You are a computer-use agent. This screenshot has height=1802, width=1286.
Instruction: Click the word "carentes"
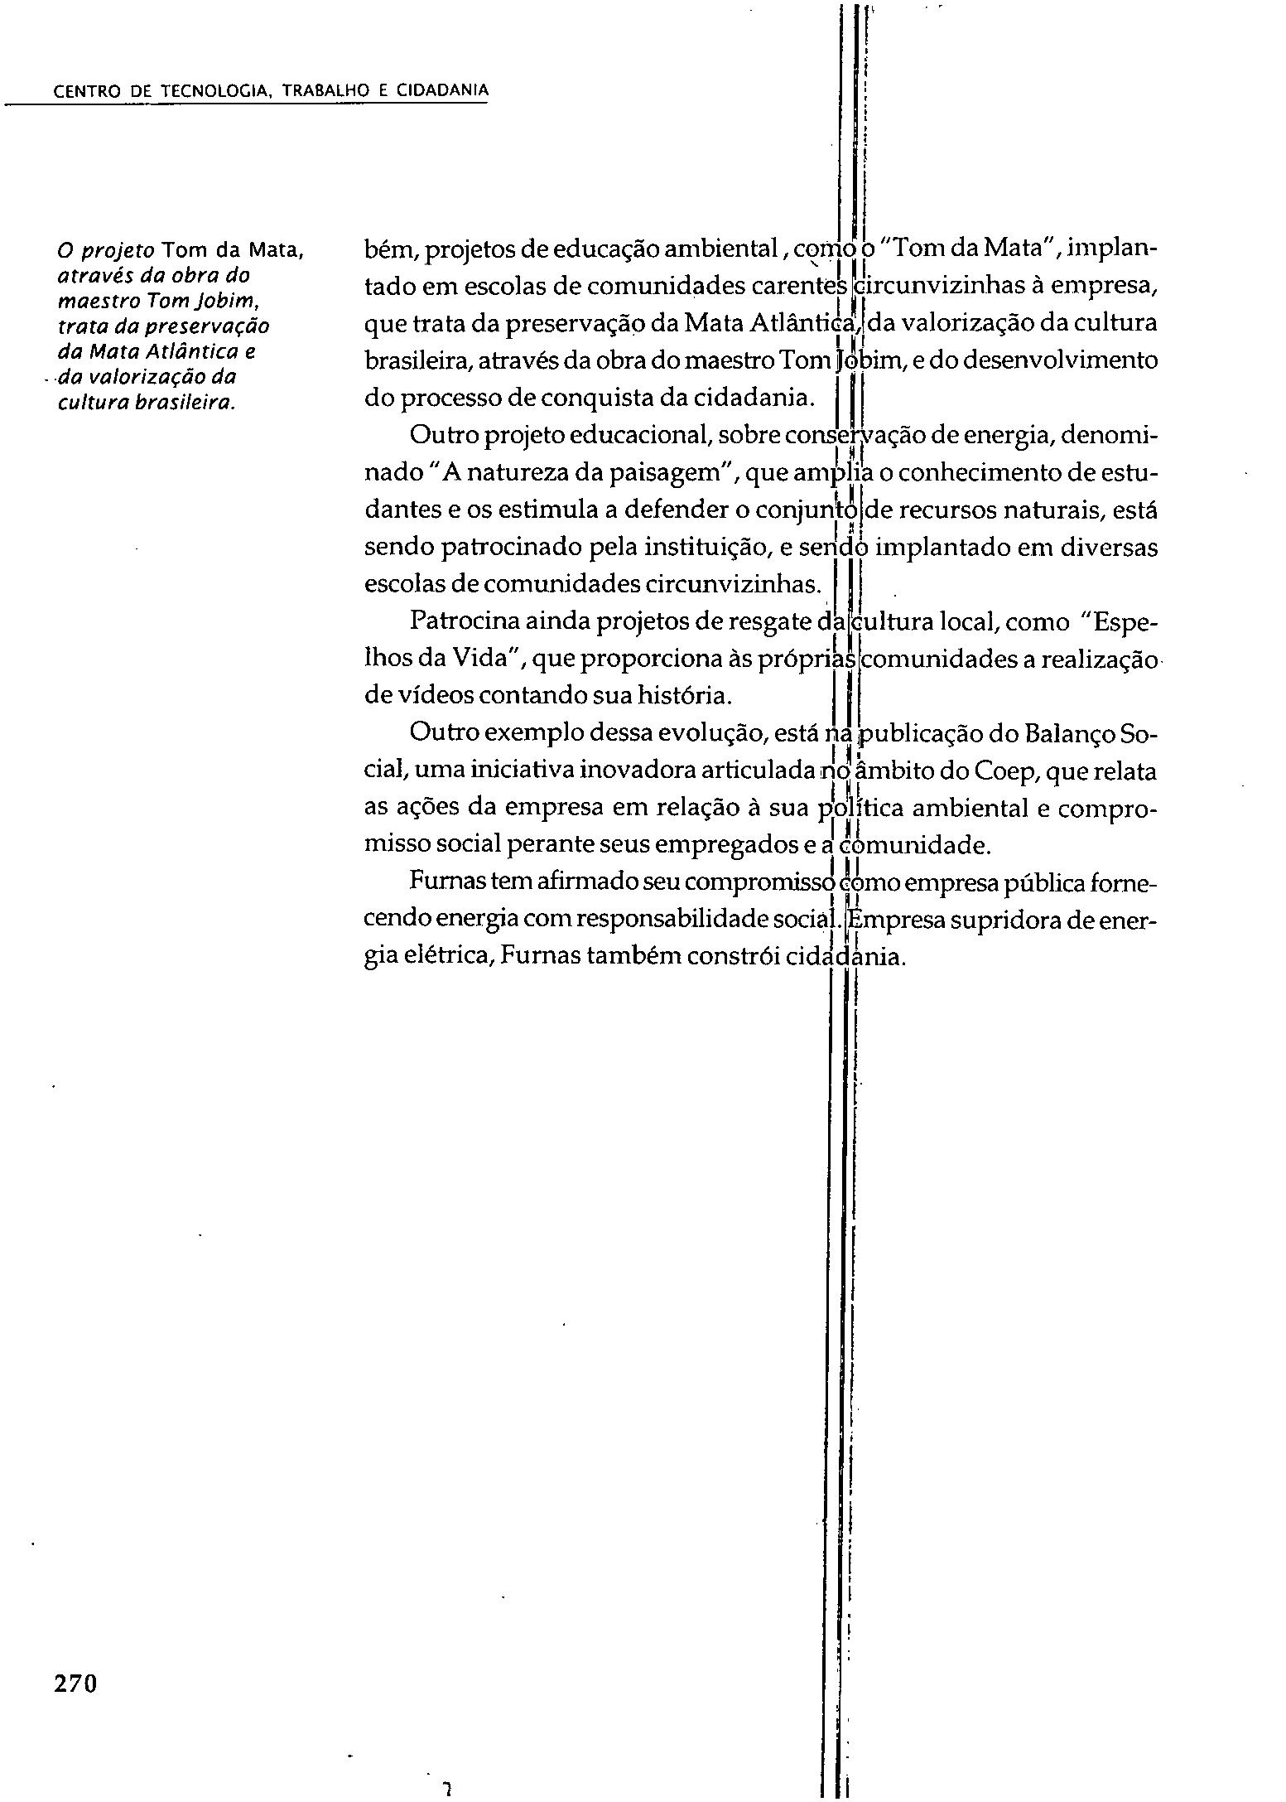point(800,287)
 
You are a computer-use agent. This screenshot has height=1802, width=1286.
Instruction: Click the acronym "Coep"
point(1005,771)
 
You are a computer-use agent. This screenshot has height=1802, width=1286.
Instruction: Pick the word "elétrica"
point(448,958)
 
